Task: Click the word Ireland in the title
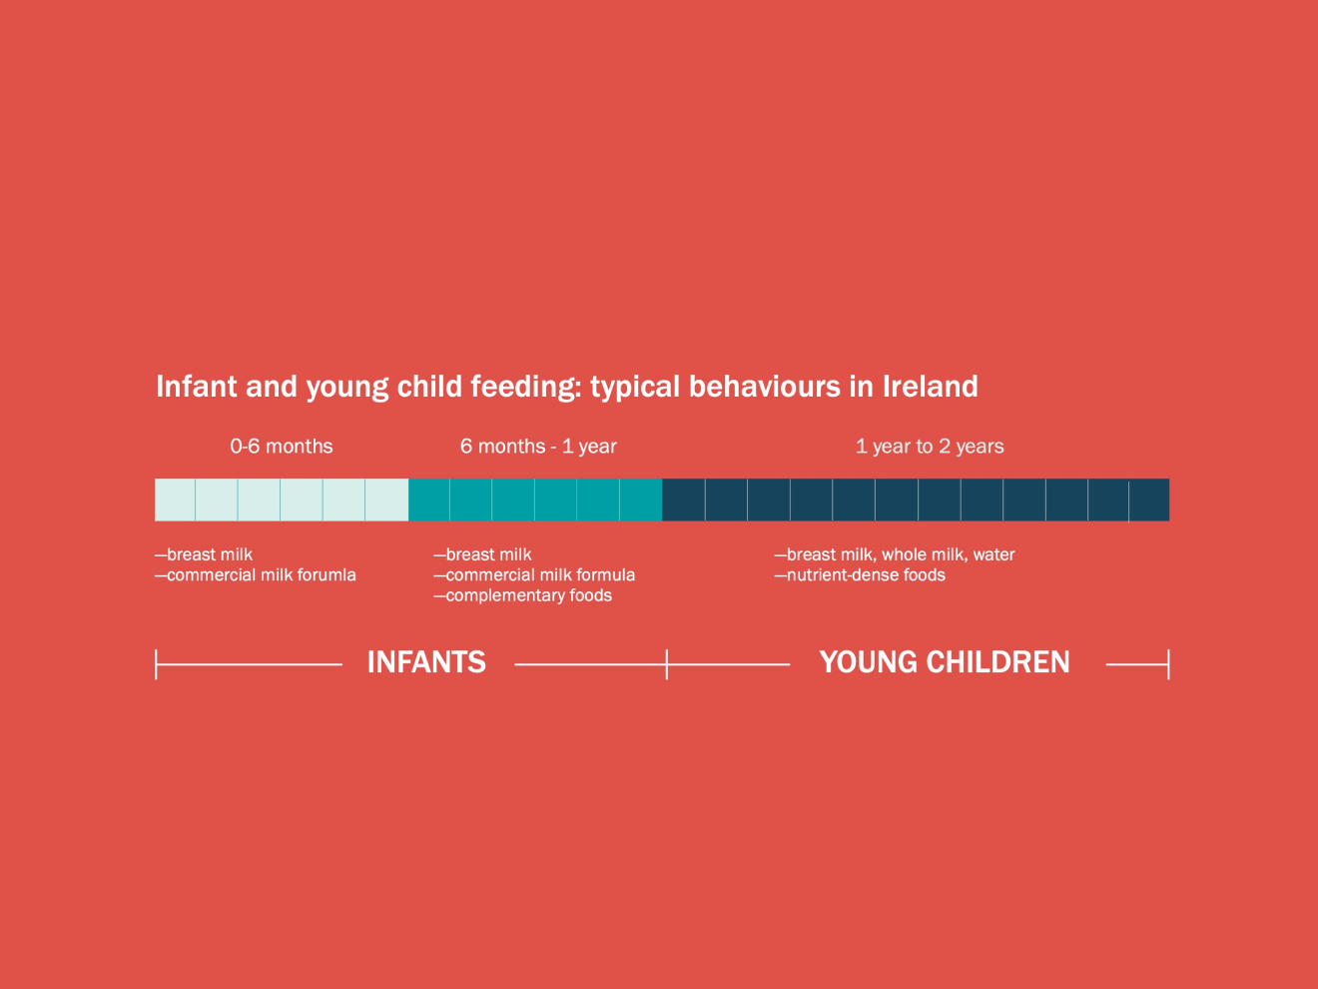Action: tap(931, 387)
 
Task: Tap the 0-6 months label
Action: tap(281, 447)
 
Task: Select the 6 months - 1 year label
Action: tap(538, 447)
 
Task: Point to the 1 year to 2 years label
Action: tap(930, 447)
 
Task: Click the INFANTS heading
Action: tap(426, 662)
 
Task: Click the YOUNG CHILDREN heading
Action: tap(945, 662)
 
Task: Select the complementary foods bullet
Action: tap(523, 595)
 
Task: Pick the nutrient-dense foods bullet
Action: tap(860, 574)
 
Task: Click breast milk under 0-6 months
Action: tap(204, 554)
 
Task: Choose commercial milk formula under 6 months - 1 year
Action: tap(534, 574)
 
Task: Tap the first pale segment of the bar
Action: tap(175, 499)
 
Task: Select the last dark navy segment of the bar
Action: tap(1149, 499)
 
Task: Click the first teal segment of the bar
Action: tap(428, 499)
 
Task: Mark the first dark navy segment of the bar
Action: tap(683, 499)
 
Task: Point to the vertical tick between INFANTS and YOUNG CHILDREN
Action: tap(667, 664)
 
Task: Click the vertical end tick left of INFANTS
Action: tap(156, 664)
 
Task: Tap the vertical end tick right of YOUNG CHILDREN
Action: tap(1168, 664)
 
